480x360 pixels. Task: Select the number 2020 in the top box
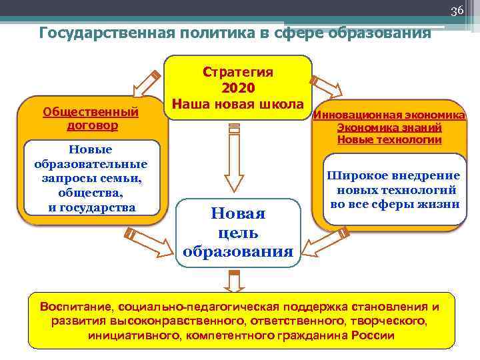pyautogui.click(x=238, y=87)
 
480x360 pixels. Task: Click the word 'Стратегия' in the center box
pyautogui.click(x=238, y=71)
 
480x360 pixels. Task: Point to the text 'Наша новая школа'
pyautogui.click(x=238, y=104)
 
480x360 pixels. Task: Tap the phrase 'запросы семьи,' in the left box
pyautogui.click(x=91, y=178)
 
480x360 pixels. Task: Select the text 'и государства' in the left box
pyautogui.click(x=91, y=207)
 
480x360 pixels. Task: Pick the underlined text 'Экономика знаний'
pyautogui.click(x=389, y=127)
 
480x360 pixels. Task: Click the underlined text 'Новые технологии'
pyautogui.click(x=389, y=139)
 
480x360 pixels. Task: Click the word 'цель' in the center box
pyautogui.click(x=238, y=233)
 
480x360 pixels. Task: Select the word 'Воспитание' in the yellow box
pyautogui.click(x=76, y=307)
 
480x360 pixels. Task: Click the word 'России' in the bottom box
pyautogui.click(x=377, y=335)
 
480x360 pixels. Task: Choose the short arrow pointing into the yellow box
pyautogui.click(x=233, y=282)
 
